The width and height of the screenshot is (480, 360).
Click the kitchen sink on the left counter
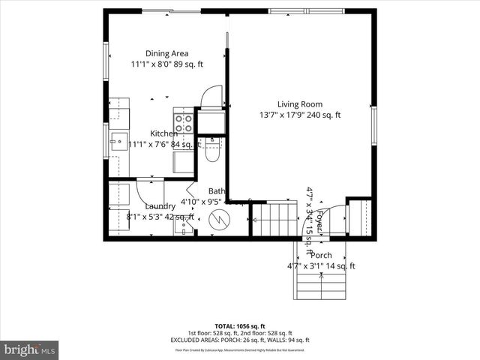click(x=118, y=142)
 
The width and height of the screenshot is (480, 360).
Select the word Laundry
click(x=160, y=206)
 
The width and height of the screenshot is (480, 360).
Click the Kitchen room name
click(x=163, y=133)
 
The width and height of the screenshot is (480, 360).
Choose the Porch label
click(x=321, y=256)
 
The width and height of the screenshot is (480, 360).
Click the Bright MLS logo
click(x=30, y=349)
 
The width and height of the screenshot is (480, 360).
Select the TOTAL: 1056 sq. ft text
click(x=240, y=326)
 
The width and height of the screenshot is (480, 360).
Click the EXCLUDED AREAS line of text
click(x=240, y=340)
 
